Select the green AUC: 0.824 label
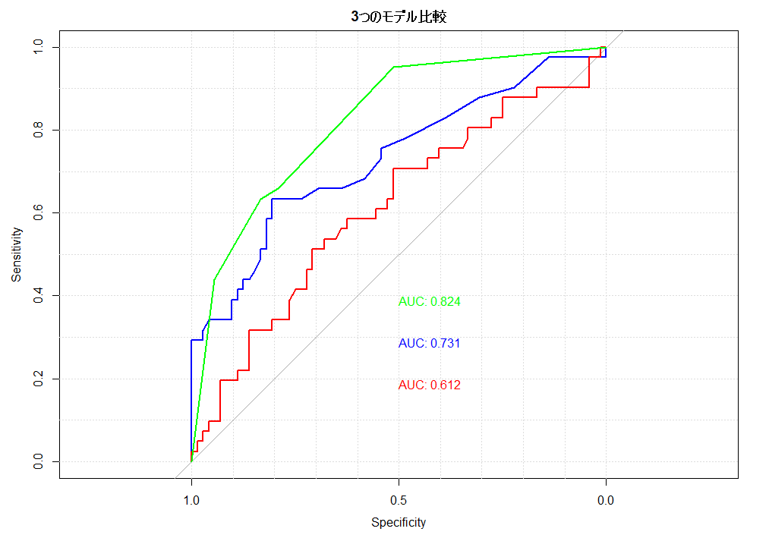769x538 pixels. pyautogui.click(x=429, y=302)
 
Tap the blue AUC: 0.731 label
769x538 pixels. pyautogui.click(x=429, y=344)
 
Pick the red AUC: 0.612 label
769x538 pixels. pyautogui.click(x=429, y=385)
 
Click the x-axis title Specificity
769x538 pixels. pyautogui.click(x=399, y=522)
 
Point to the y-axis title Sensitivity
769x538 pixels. pyautogui.click(x=17, y=255)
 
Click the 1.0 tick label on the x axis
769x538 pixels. pyautogui.click(x=191, y=501)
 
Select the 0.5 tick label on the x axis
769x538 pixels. pyautogui.click(x=399, y=501)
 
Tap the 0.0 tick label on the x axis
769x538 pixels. pyautogui.click(x=605, y=501)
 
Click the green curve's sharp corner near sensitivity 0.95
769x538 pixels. pyautogui.click(x=394, y=67)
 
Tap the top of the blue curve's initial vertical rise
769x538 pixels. pyautogui.click(x=191, y=340)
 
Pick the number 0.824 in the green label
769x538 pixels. pyautogui.click(x=446, y=302)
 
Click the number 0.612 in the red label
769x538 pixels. pyautogui.click(x=446, y=385)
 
